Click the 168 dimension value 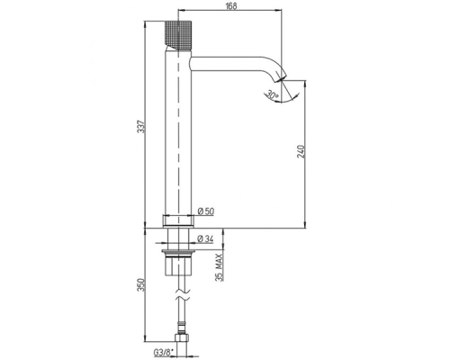(232, 5)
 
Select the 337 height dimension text (141, 127)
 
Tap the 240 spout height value (301, 151)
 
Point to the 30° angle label (273, 95)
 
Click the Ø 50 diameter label (206, 211)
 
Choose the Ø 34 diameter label (206, 239)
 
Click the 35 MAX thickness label (220, 267)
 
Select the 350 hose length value (141, 284)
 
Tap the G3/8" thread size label (164, 353)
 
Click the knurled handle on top (178, 35)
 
